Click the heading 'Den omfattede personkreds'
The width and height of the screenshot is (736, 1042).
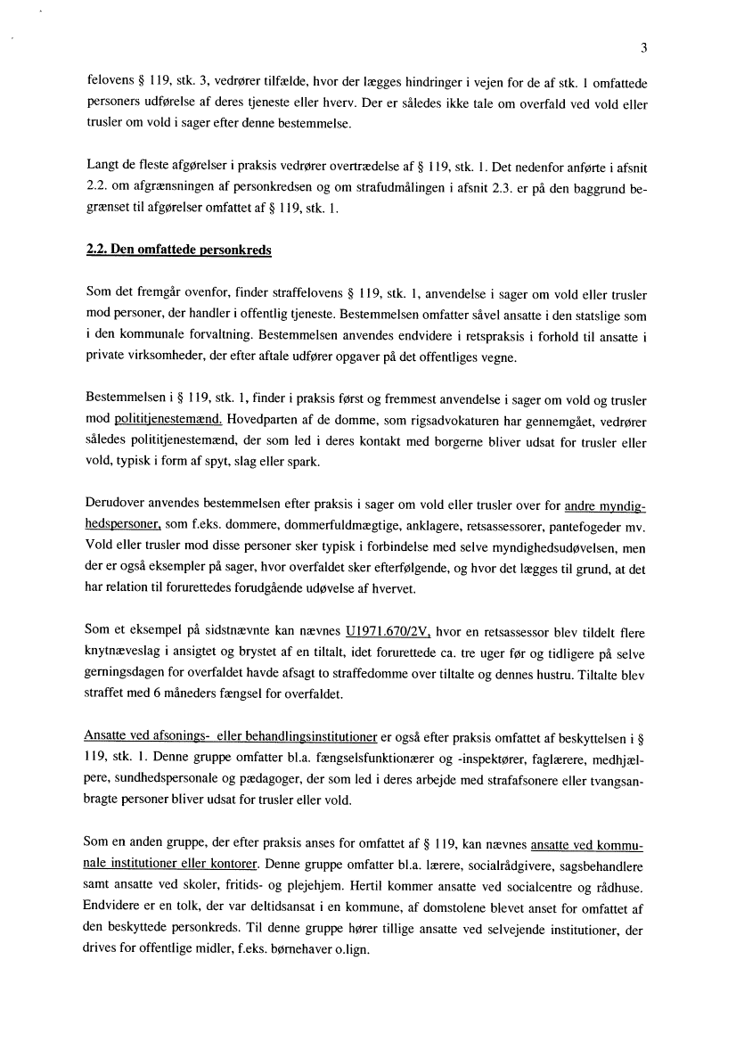[x=188, y=250]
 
